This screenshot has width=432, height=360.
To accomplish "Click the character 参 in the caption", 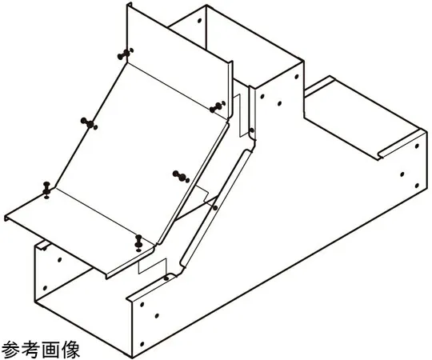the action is coord(10,350).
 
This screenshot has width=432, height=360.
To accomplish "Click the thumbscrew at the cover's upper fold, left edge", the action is coord(126,54).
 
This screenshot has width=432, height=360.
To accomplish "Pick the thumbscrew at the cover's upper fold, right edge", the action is coord(218,106).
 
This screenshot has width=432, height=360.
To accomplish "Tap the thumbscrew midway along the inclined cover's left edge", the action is coord(89,124).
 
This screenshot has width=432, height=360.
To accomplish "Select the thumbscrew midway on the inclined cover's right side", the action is coord(181,176).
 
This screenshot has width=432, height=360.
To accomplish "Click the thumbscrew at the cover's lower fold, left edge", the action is coord(46,190).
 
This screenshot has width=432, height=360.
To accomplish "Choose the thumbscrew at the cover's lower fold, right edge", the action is coord(138,243).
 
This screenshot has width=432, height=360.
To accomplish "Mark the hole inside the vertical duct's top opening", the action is coord(199,20).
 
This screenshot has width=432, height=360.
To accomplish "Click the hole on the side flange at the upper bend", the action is coord(251,130).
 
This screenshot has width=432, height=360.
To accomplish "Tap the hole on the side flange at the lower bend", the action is coord(166,278).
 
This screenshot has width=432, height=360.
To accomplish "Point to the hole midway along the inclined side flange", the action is coord(215,208).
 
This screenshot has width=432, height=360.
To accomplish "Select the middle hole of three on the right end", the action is coord(402,174).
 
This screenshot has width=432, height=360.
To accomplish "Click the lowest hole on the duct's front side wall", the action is coord(142,344).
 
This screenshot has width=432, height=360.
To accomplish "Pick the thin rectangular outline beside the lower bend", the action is coord(152,266).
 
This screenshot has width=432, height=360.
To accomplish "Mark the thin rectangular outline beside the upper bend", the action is coord(241,115).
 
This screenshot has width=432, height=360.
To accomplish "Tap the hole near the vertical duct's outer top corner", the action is coord(297,77).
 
